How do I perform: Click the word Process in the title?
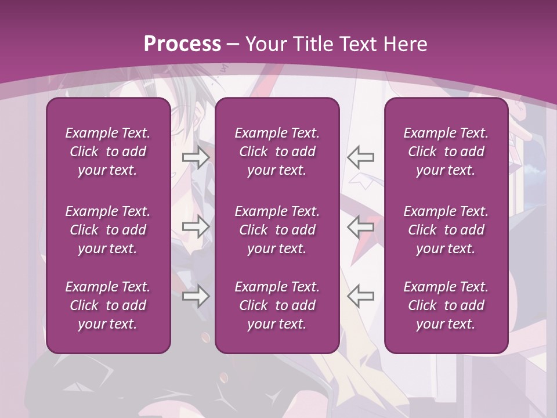tap(182, 44)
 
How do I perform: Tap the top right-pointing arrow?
tap(196, 157)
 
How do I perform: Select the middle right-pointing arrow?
tap(196, 226)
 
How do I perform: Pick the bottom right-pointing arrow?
tap(196, 296)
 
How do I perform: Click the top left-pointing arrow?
tap(361, 157)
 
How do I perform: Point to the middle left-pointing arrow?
tap(361, 226)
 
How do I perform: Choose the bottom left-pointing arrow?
tap(361, 296)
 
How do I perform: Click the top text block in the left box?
tap(108, 152)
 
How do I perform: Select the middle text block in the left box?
tap(108, 230)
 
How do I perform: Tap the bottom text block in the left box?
tap(108, 305)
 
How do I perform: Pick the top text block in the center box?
tap(277, 152)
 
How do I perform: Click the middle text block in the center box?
tap(277, 230)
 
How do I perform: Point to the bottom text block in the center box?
tap(277, 305)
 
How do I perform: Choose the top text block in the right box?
tap(446, 152)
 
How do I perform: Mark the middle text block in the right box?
tap(446, 230)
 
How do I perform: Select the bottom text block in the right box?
tap(446, 305)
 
